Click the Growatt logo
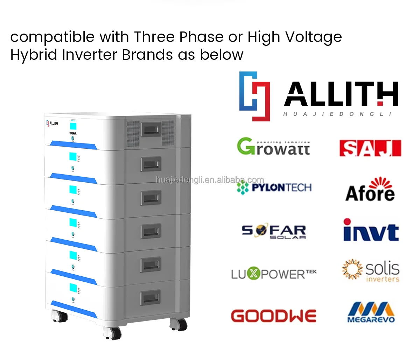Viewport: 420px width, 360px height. (x=273, y=147)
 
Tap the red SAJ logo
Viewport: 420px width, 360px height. (x=370, y=148)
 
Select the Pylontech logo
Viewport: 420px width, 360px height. (x=274, y=188)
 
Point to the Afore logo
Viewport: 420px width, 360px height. (x=370, y=190)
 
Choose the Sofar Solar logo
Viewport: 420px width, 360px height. (x=274, y=232)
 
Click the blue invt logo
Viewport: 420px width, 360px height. (x=371, y=231)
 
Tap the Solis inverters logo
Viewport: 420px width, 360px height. (x=371, y=271)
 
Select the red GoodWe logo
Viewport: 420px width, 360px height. (x=273, y=316)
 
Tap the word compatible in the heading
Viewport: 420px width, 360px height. (x=52, y=37)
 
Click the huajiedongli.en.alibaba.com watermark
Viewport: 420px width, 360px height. (x=210, y=180)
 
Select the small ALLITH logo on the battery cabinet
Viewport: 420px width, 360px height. (x=52, y=123)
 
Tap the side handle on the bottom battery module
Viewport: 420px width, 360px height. (x=150, y=298)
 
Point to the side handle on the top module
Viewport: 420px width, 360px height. (x=150, y=130)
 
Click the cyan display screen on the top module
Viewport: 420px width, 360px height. (x=73, y=126)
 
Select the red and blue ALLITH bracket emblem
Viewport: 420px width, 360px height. (x=255, y=96)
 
